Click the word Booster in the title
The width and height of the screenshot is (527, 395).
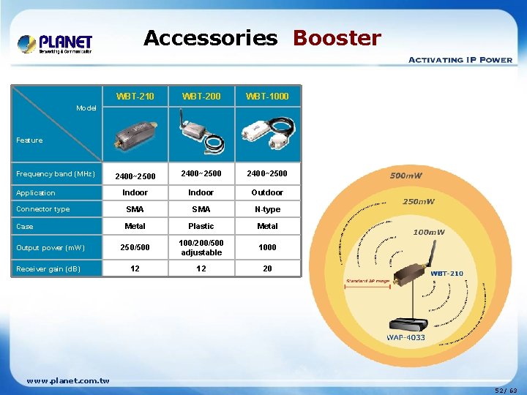pos(337,38)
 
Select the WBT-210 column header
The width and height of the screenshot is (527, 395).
pos(135,96)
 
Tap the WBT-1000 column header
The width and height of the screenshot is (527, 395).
pos(267,96)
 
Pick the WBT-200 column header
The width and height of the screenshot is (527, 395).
pos(201,96)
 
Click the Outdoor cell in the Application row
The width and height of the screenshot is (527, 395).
pos(267,192)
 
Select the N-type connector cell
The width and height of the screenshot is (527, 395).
pos(267,209)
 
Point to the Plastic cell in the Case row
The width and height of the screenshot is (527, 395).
pos(201,226)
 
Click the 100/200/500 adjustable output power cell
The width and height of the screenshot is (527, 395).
pos(201,247)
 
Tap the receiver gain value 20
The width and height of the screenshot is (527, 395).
pos(267,268)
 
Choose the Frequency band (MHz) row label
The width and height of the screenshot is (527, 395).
pos(56,174)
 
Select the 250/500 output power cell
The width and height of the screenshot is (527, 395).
pos(135,247)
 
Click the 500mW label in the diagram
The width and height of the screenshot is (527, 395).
pos(405,176)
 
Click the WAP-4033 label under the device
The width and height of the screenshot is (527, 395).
pos(406,338)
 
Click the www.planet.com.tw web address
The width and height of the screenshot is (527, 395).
pos(67,380)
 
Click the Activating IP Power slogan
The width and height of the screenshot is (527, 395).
pos(460,60)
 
